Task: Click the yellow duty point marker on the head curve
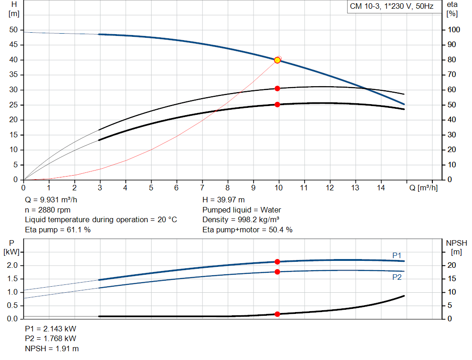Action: (277, 60)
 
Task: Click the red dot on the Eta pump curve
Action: (277, 89)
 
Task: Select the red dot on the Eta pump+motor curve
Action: (277, 105)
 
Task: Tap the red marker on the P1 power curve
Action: (277, 262)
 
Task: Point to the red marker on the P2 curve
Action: (277, 272)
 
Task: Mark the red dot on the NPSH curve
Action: (277, 314)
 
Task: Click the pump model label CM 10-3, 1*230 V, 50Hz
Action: (391, 7)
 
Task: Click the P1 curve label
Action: (397, 255)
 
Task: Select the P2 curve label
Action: (397, 277)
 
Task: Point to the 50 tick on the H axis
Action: (13, 30)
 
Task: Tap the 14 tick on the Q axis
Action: (380, 188)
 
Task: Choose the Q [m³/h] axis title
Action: (423, 188)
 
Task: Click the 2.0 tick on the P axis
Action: (12, 266)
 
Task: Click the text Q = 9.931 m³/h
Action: (51, 200)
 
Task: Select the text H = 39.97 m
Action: (224, 200)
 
